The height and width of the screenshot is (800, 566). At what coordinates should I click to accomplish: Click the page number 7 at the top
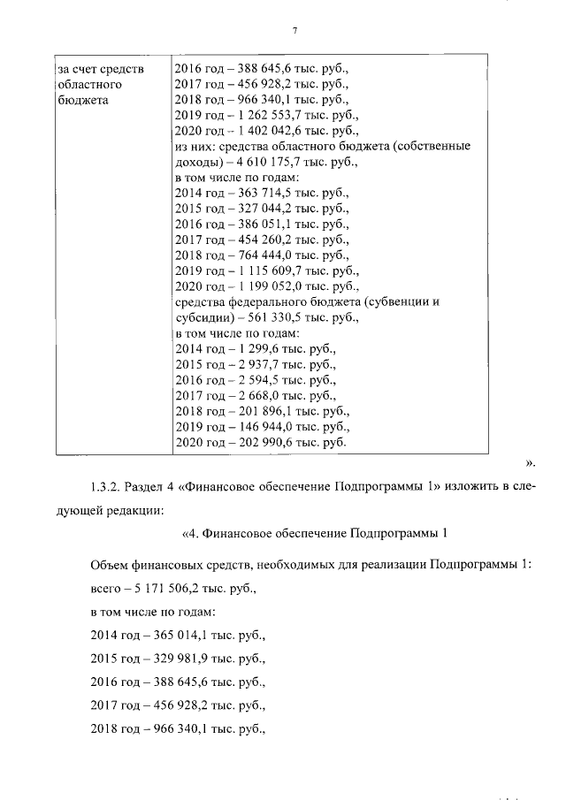point(294,31)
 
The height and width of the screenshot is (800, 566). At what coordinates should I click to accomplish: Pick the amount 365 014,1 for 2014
point(182,635)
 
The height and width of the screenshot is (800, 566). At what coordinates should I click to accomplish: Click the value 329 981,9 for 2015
point(182,659)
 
